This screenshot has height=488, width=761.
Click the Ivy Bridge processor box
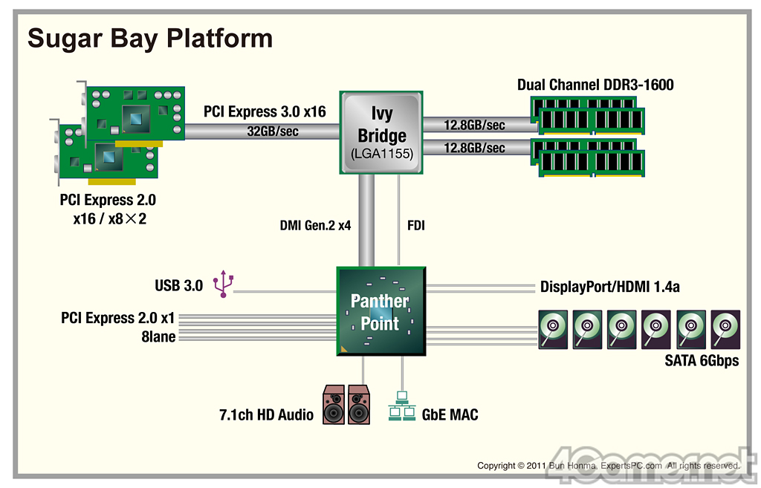point(381,132)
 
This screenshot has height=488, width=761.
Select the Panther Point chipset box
point(381,311)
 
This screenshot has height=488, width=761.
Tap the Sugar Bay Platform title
point(150,39)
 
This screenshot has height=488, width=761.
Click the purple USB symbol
point(223,284)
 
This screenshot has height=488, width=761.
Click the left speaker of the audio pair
point(334,405)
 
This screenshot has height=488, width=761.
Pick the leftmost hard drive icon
point(553,329)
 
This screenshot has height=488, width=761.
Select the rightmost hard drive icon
point(725,329)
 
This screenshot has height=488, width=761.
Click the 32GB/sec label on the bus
point(273,131)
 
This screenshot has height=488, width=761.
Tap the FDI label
point(416,226)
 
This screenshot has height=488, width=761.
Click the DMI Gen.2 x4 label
point(315,226)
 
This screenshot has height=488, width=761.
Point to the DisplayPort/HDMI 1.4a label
point(609,287)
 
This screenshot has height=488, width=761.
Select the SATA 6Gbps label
point(702,360)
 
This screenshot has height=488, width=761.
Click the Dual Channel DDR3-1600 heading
point(595,85)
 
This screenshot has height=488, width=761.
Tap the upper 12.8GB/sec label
point(474,125)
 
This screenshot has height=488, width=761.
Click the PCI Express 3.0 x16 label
point(265,111)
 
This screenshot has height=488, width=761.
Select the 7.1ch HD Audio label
point(266,414)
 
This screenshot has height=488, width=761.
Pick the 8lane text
point(158,336)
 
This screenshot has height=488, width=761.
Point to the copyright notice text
point(609,466)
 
